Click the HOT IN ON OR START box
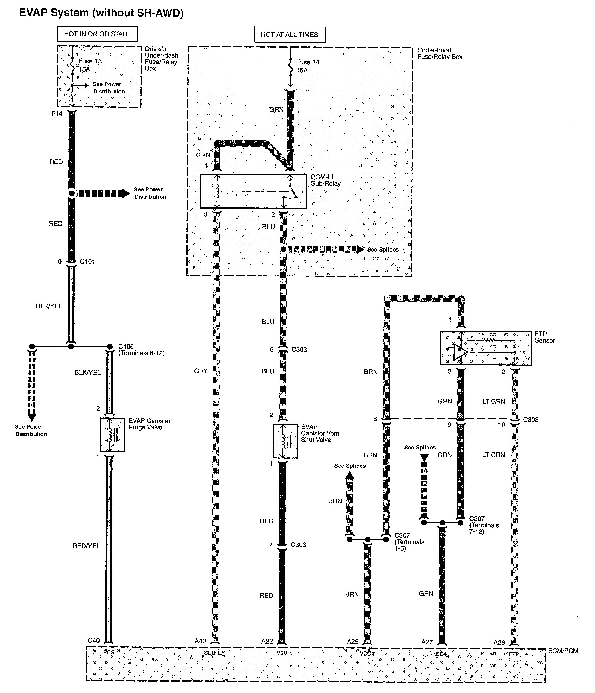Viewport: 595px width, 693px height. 97,34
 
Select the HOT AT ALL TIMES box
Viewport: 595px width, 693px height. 289,35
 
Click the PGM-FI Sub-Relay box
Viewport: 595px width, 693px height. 253,191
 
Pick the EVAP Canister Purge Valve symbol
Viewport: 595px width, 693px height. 112,434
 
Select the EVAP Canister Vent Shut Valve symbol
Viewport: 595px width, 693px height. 285,441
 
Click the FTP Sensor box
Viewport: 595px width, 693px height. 485,348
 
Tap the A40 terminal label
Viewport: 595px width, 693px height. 200,641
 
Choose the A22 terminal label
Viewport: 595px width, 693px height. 267,641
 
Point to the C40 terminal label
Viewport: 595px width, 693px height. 94,640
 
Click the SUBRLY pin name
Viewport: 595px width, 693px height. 214,653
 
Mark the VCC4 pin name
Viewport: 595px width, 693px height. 367,653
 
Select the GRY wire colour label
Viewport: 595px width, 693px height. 201,371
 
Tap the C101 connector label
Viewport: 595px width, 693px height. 87,262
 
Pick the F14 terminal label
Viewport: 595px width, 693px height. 57,113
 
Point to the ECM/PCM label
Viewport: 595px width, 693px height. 563,651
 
